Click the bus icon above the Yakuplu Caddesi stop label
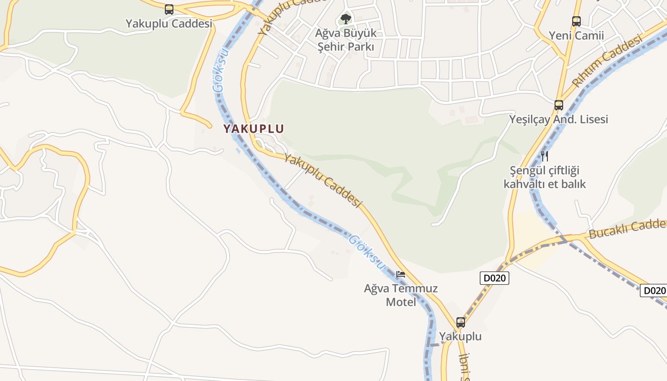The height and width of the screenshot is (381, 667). [x=169, y=9]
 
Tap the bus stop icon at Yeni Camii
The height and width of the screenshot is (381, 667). [x=576, y=21]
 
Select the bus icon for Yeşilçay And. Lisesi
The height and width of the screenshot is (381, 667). [x=559, y=105]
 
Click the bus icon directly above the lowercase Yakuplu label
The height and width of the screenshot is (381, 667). [x=460, y=322]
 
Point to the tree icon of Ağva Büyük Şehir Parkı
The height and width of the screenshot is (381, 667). [x=346, y=19]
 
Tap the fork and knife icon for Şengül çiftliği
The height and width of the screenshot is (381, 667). [x=545, y=156]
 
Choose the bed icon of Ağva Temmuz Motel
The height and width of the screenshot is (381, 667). [x=401, y=274]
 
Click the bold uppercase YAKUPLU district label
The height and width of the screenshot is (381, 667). [x=253, y=129]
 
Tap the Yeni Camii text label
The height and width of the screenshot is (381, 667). [x=576, y=36]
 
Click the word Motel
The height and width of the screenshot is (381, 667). [x=401, y=302]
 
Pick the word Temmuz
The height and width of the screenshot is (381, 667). [x=415, y=288]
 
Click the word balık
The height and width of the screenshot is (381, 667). [x=572, y=184]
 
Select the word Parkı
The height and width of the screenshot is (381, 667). [x=360, y=47]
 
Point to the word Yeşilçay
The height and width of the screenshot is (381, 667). [x=530, y=119]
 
